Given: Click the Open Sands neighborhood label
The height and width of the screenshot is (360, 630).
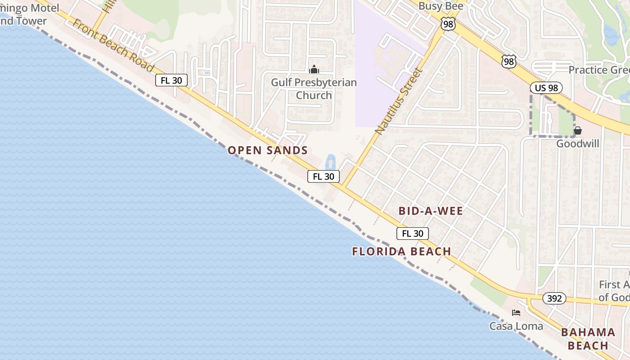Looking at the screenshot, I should point(267,150).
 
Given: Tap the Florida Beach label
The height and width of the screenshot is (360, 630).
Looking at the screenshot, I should point(401,252).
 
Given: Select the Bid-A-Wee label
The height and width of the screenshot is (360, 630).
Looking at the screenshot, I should point(431,211).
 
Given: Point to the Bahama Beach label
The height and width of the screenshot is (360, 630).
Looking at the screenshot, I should point(588,339).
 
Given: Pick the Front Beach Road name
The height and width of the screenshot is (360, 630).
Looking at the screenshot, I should point(113,45).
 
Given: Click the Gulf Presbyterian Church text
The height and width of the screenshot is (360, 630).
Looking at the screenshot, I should point(314,89).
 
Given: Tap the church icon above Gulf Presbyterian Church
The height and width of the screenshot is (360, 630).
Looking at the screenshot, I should point(314,70).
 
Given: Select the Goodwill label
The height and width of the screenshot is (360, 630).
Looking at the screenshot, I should point(578,144).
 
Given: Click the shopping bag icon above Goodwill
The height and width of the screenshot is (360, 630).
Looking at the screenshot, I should point(578,131).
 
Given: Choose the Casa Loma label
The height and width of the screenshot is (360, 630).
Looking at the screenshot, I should point(516,326).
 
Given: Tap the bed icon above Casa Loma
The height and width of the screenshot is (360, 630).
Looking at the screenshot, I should point(516,313).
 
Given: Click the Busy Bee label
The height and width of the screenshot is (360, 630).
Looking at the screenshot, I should point(441,6).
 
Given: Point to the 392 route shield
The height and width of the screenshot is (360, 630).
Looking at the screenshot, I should point(554,298).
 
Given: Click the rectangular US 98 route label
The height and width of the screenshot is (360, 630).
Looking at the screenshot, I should point(546,88).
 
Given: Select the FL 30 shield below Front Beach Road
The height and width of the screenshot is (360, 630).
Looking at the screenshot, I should point(171,81).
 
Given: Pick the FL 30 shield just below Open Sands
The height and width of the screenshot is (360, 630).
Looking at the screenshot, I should point(324,176).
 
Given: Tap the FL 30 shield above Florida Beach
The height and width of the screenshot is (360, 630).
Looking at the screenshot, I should point(413,234).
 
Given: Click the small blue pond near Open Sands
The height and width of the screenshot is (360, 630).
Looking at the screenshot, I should point(331,162).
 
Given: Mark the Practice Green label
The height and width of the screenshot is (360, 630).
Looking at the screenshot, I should point(598,70).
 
